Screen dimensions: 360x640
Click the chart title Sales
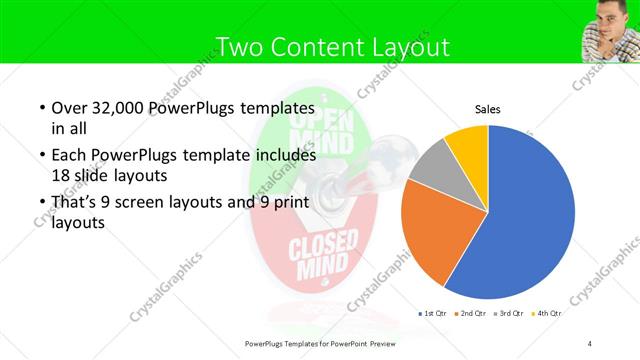(487, 110)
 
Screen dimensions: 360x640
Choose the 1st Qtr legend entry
(436, 314)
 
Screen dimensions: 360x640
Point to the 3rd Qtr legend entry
(511, 314)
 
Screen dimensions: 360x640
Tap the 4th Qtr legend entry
(548, 314)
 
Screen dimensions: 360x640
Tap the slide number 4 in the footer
(590, 344)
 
